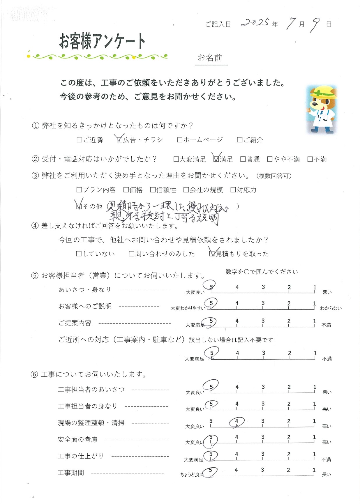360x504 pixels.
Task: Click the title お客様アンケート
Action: (x=102, y=41)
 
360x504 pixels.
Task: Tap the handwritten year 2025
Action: (x=255, y=22)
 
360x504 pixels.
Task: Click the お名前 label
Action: (x=210, y=58)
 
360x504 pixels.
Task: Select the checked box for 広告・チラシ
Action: (x=119, y=140)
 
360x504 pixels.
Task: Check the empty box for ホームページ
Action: (x=180, y=140)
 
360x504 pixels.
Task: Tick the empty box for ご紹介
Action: (x=240, y=140)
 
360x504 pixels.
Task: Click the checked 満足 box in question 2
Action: (x=216, y=159)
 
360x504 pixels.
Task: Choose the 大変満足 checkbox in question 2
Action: (x=176, y=159)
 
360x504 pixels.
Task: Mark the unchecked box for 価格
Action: (x=126, y=190)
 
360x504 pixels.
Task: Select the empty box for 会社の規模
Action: (x=186, y=190)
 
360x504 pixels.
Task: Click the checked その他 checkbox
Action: (x=79, y=206)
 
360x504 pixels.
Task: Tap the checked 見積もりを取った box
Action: (x=212, y=254)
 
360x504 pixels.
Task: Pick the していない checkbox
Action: (x=79, y=254)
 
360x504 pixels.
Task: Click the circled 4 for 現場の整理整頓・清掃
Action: (x=237, y=421)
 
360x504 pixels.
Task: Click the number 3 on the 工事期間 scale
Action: (x=262, y=470)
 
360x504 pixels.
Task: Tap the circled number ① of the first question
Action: (x=35, y=126)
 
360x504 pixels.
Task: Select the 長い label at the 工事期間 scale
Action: (x=326, y=474)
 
